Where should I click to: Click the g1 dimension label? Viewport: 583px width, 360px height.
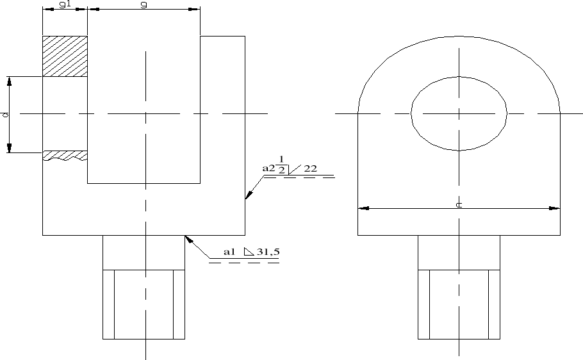tap(64, 4)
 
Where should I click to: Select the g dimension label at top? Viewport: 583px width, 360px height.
tap(144, 4)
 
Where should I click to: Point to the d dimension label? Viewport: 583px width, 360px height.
tap(5, 115)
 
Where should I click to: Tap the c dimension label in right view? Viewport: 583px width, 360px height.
tap(459, 204)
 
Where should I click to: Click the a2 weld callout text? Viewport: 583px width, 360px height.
tap(268, 168)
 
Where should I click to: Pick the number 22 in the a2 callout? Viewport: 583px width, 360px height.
tap(311, 168)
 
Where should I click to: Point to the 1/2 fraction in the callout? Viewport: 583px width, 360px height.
tap(281, 164)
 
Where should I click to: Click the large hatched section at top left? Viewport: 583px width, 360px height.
tap(65, 56)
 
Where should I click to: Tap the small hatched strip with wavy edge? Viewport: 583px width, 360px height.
tap(65, 156)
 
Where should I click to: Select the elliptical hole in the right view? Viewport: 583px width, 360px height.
tap(459, 114)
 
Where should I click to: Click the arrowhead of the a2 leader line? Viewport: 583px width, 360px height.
tap(247, 197)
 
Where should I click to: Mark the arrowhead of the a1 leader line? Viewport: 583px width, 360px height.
tap(187, 238)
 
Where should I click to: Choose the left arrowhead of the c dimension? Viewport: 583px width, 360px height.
tap(363, 208)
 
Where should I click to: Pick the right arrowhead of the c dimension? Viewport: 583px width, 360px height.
tap(555, 208)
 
